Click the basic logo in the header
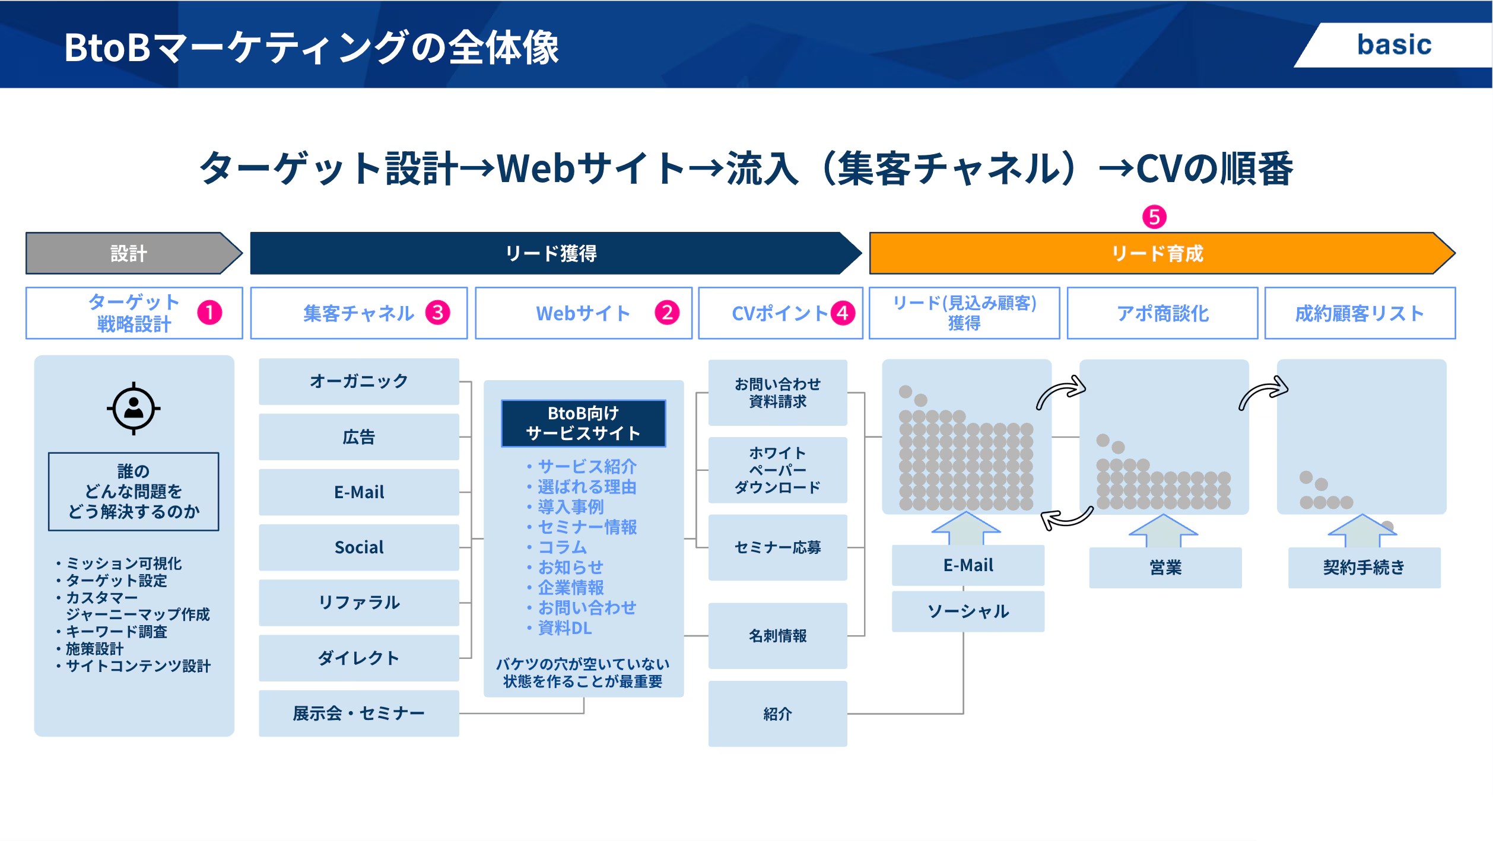1394,45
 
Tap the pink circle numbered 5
1154,217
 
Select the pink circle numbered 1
209,313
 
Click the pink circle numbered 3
438,313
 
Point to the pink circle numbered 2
667,313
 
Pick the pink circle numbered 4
843,313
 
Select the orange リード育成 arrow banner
1157,254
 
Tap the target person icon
134,409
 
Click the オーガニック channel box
358,381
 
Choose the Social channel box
358,547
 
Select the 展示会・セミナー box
358,713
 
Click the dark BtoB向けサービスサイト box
583,423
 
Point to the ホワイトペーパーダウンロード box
777,470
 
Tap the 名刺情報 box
777,636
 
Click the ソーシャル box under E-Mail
968,611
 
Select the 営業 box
1165,568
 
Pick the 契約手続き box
1364,568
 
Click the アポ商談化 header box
1162,313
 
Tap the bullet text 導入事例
570,507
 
